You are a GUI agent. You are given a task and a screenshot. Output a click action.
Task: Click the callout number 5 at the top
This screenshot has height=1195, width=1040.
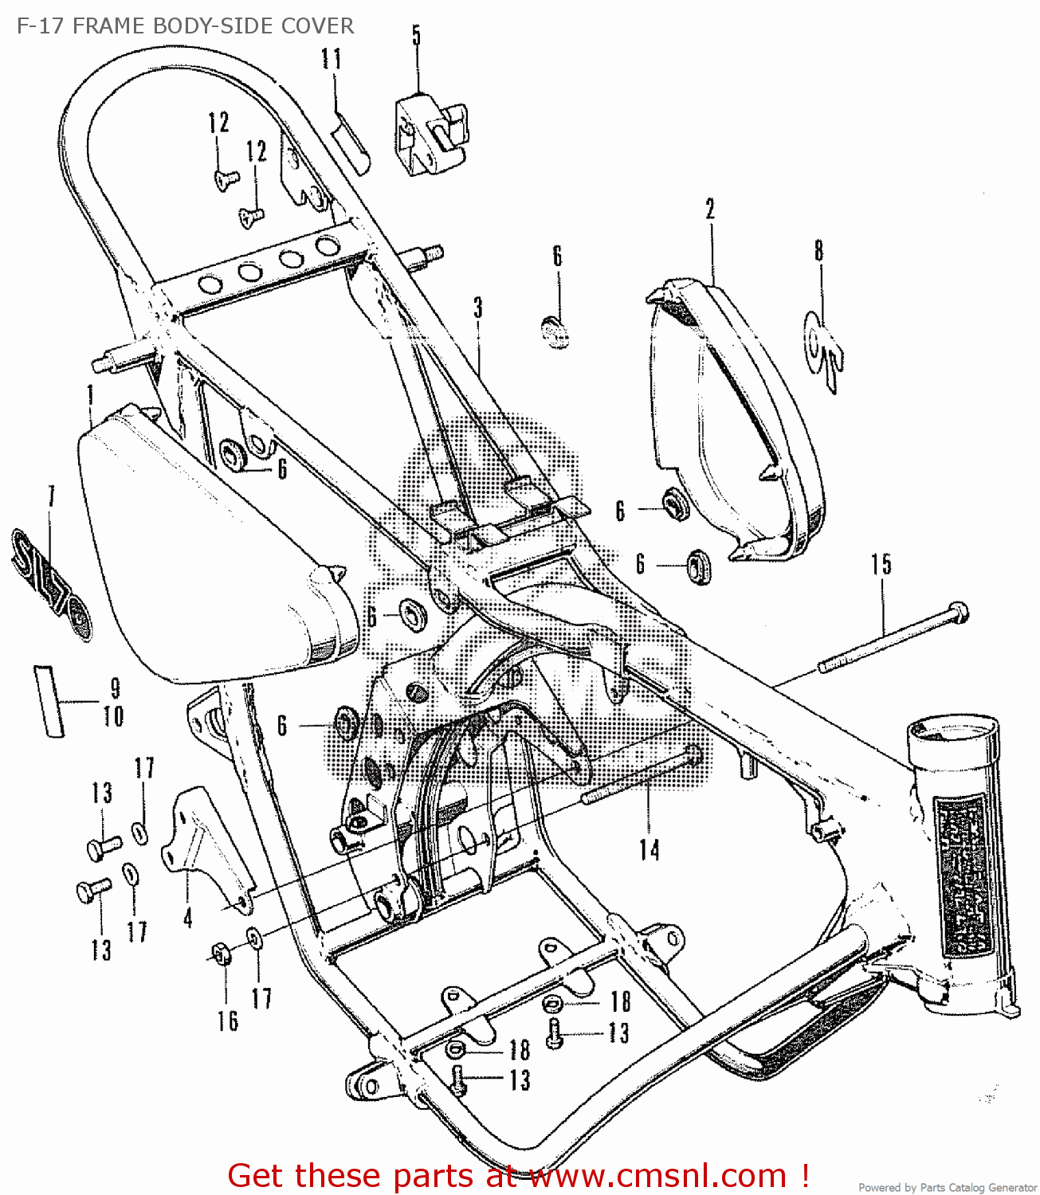pos(416,36)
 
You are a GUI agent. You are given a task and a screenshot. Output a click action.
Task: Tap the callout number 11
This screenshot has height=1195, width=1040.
pos(332,59)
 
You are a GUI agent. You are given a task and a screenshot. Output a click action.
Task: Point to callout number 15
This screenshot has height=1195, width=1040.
pos(881,565)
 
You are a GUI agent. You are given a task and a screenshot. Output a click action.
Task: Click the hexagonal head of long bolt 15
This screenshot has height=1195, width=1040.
pos(960,613)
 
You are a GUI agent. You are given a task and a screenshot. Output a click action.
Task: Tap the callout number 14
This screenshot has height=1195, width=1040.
pos(650,850)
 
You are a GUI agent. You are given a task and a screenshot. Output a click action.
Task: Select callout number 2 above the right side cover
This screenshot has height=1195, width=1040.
pos(710,210)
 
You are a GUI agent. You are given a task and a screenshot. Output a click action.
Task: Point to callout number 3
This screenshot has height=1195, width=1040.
pos(478,308)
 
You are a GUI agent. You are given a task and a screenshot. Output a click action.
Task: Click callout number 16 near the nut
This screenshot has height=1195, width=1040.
pos(228,1021)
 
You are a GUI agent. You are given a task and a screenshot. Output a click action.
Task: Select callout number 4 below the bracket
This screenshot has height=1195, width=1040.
pos(188,918)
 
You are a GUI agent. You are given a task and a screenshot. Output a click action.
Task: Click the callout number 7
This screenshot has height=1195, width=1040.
pos(52,496)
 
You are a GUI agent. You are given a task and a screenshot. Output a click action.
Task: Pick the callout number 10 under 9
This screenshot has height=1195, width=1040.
pos(114,716)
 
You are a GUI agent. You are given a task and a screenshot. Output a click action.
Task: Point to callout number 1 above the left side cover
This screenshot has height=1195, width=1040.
pos(91,394)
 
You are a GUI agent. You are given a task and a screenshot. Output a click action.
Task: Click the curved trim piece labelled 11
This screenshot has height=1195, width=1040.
pos(351,142)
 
